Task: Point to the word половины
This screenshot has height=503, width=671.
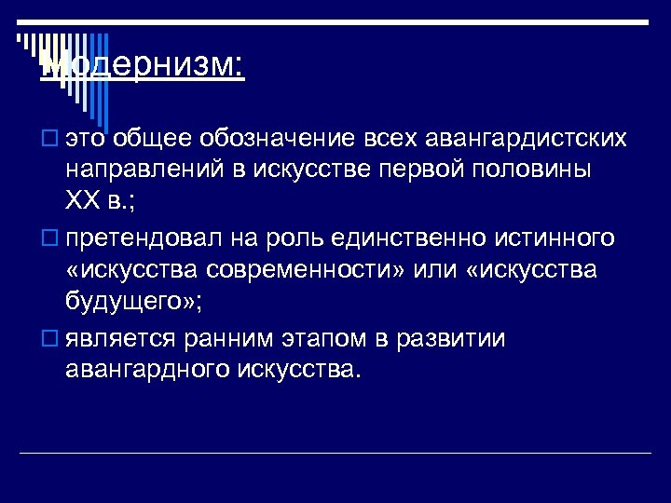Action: pyautogui.click(x=537, y=170)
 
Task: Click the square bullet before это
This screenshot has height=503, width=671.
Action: pyautogui.click(x=48, y=140)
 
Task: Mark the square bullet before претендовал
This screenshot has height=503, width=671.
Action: pyautogui.click(x=48, y=239)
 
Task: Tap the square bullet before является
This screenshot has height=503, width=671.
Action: pyautogui.click(x=48, y=339)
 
